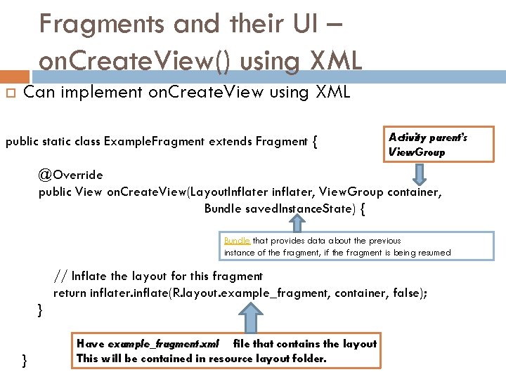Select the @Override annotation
click(x=70, y=175)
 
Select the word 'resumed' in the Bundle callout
click(x=433, y=253)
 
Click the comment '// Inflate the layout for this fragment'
click(x=158, y=276)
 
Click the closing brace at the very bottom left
click(x=25, y=360)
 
